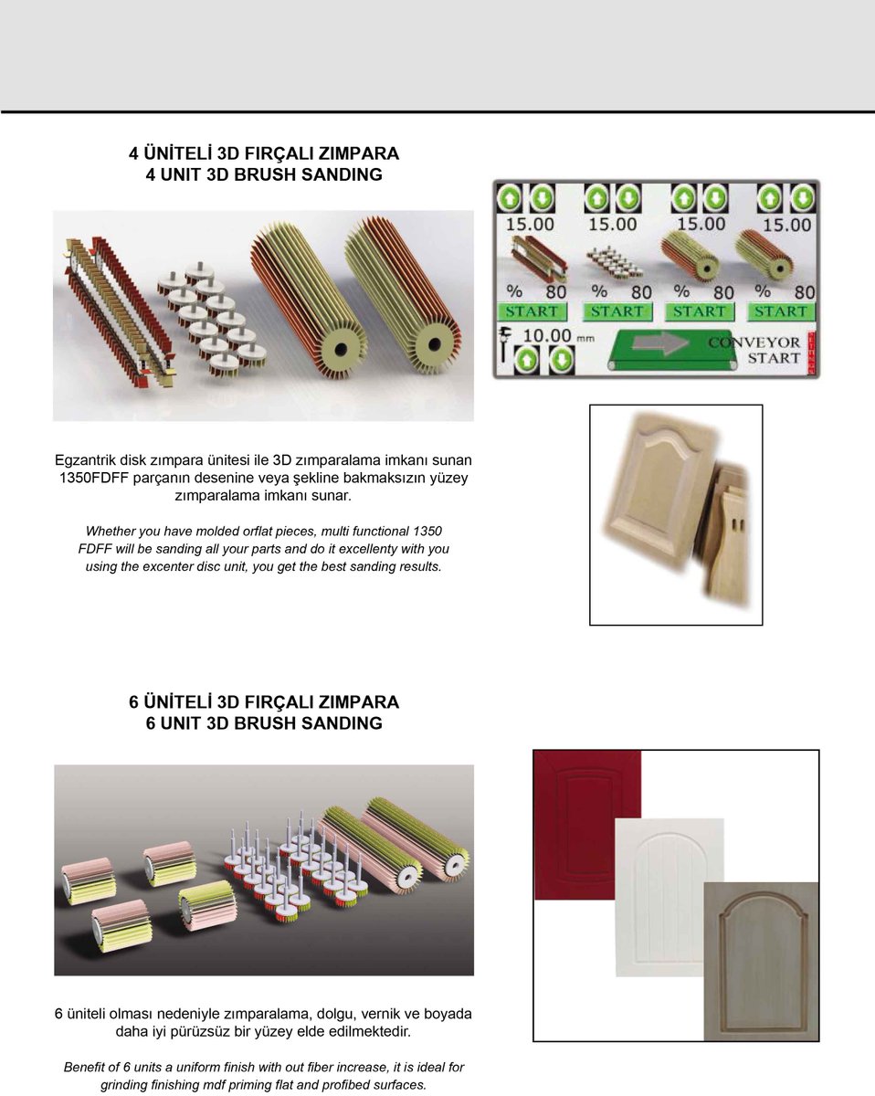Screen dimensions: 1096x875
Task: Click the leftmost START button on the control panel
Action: tap(532, 311)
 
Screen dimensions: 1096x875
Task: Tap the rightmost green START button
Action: tap(781, 311)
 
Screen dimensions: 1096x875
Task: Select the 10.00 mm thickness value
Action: tap(545, 336)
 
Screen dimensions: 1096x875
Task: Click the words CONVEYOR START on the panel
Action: tap(754, 350)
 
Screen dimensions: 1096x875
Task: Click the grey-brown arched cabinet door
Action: tap(761, 959)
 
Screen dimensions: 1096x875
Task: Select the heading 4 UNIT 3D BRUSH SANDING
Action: tap(264, 175)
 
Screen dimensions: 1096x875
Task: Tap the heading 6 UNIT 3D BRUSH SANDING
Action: tap(264, 723)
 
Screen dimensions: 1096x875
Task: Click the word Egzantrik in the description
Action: tap(85, 459)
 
